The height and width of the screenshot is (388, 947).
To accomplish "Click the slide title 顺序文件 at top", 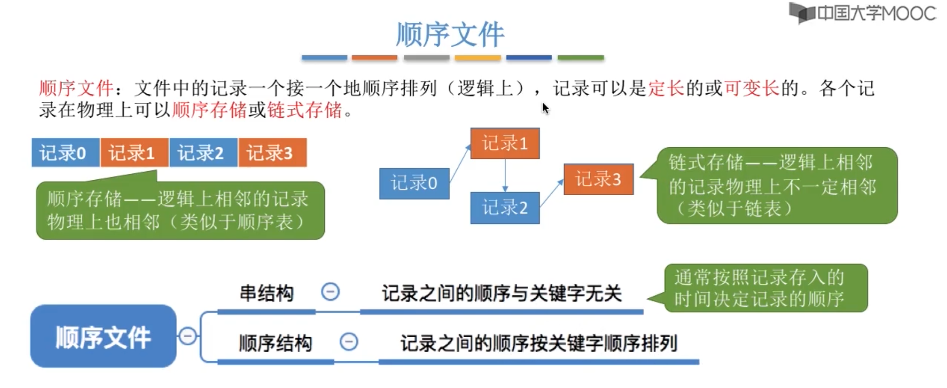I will pyautogui.click(x=450, y=34).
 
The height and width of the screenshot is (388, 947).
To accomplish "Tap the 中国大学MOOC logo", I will pyautogui.click(x=863, y=13).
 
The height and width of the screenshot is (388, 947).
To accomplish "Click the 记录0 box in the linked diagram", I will pyautogui.click(x=414, y=183).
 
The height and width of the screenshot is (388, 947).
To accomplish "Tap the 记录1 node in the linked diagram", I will pyautogui.click(x=505, y=143).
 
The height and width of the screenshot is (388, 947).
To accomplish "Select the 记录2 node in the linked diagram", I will pyautogui.click(x=505, y=208).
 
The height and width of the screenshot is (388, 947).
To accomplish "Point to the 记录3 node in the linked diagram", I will pyautogui.click(x=598, y=179).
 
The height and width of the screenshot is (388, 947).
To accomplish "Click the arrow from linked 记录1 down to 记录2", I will pyautogui.click(x=505, y=175).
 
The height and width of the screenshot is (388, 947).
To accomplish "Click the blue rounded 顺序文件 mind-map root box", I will pyautogui.click(x=103, y=336).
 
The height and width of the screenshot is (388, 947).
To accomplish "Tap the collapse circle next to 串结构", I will pyautogui.click(x=330, y=292).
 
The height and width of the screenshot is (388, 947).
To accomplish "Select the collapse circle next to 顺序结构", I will pyautogui.click(x=349, y=342).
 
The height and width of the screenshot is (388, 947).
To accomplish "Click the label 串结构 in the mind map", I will pyautogui.click(x=267, y=293).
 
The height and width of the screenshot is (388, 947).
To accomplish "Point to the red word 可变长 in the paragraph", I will pyautogui.click(x=752, y=88).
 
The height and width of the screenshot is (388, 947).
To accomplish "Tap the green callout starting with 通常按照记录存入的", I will pyautogui.click(x=765, y=288).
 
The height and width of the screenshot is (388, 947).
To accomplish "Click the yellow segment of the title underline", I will pyautogui.click(x=478, y=58).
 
